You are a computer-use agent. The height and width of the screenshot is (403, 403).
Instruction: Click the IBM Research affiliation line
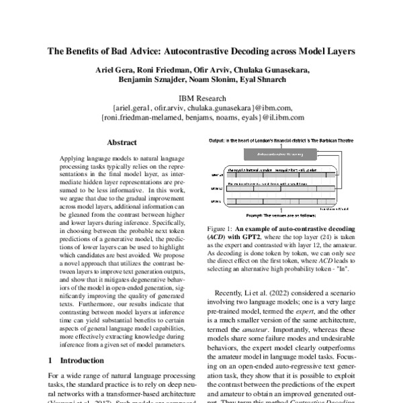[201, 97]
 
